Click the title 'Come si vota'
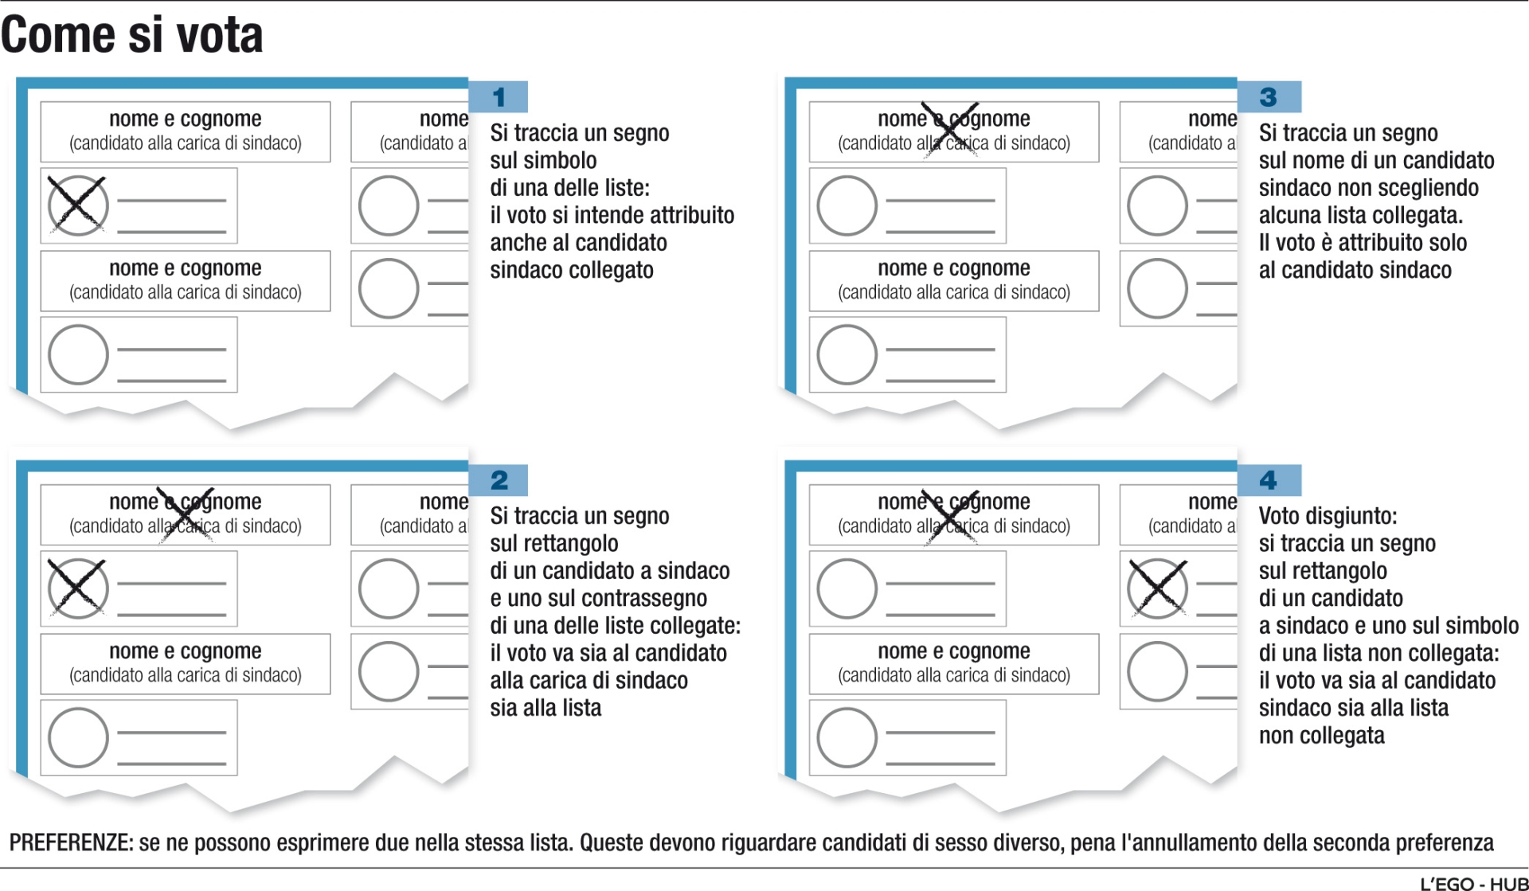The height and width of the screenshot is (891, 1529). pos(132,35)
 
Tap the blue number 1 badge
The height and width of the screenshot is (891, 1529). pos(499,97)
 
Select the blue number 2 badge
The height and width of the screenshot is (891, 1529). pos(499,480)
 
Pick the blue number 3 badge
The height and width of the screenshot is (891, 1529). pos(1269,97)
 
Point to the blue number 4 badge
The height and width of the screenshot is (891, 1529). pos(1269,480)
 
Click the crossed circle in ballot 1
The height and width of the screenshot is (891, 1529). pos(77,205)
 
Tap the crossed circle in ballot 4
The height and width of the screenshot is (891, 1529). pos(1157,588)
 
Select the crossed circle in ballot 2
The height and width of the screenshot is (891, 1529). pos(77,588)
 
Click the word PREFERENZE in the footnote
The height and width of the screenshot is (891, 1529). pos(71,842)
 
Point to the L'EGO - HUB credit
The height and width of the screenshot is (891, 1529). pos(1474,883)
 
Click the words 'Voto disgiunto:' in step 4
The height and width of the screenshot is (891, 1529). pos(1328,516)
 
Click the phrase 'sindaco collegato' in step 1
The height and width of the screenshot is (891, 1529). pos(571,270)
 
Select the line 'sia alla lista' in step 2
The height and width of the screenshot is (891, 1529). pos(546,708)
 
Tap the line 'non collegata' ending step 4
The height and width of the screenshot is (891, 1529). pos(1321,735)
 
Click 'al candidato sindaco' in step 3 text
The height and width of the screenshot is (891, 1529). pos(1355,270)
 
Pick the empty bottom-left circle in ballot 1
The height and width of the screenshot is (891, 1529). pos(77,354)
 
